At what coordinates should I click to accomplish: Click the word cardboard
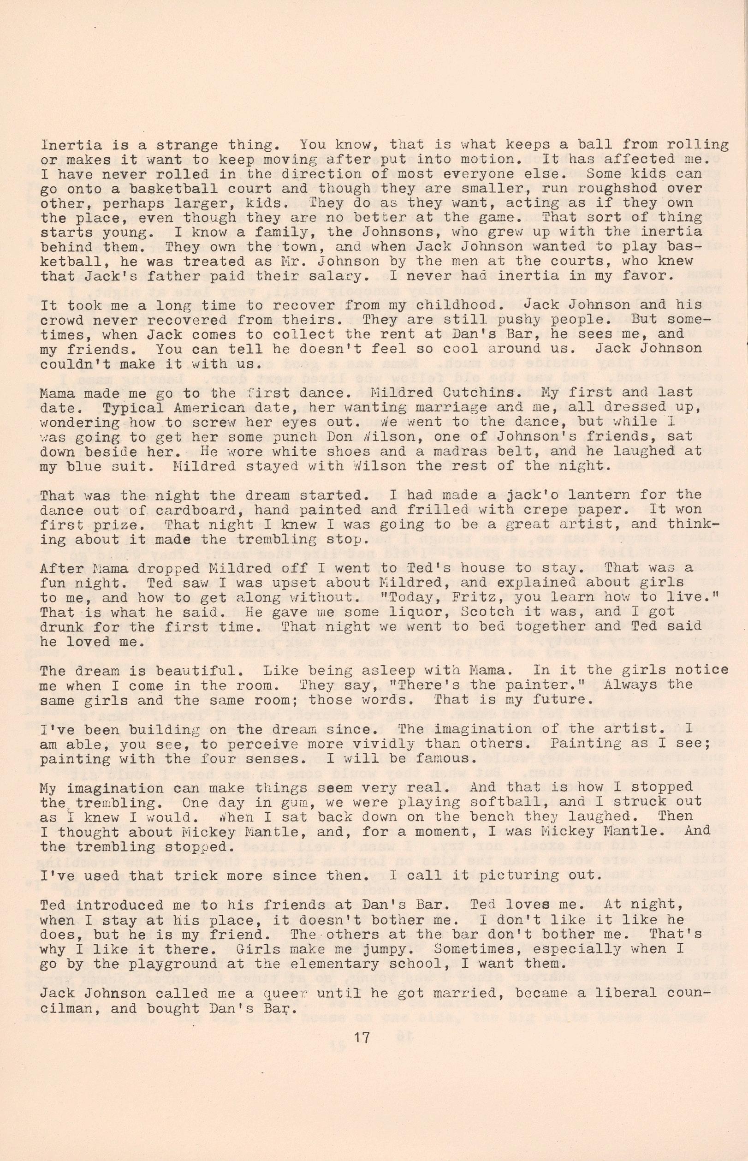tap(179, 510)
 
